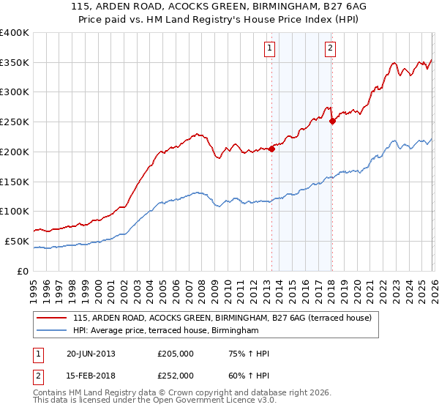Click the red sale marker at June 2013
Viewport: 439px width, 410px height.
[271, 149]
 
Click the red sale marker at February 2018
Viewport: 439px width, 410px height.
[332, 121]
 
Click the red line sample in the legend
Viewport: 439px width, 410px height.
[52, 318]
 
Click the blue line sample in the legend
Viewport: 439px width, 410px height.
[52, 331]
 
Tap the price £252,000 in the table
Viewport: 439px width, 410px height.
[176, 375]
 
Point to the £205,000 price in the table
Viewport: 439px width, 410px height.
[176, 354]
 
